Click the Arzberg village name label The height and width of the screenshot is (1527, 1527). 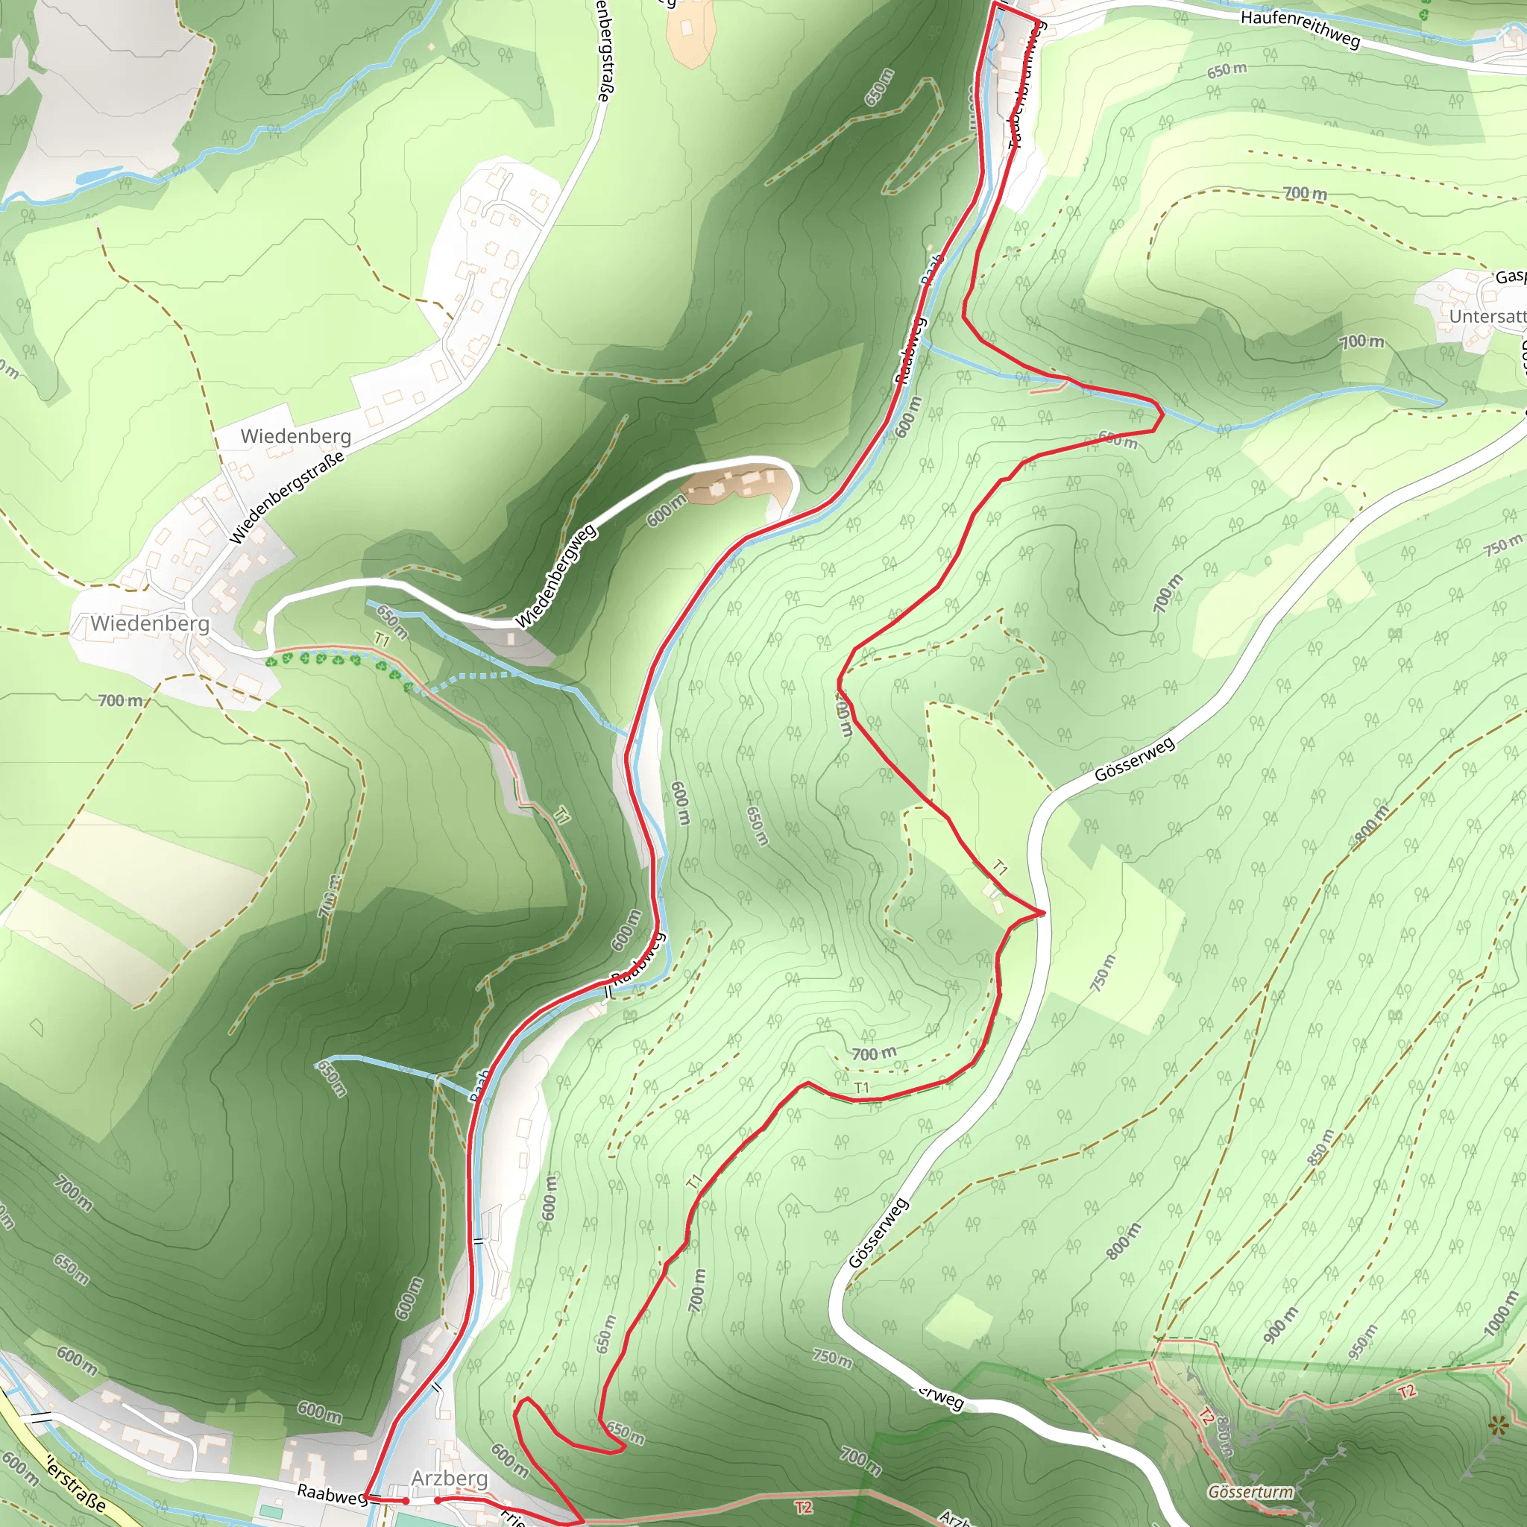[x=449, y=1478]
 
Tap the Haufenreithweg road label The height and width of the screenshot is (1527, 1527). [x=1300, y=28]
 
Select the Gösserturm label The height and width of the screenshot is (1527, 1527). [x=1250, y=1491]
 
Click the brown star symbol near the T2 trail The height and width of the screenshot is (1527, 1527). [x=1497, y=1425]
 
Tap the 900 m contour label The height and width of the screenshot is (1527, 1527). [x=1279, y=1326]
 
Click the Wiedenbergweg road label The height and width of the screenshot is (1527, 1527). [x=556, y=575]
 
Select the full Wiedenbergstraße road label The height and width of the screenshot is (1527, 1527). [x=287, y=497]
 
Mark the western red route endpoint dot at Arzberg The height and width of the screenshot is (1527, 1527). [x=406, y=1500]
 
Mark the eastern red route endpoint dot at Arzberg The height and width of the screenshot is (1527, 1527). [x=437, y=1499]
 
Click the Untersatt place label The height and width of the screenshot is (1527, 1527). [x=1487, y=316]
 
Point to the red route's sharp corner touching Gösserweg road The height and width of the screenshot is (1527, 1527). [x=1043, y=913]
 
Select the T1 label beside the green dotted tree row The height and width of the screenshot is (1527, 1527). [x=382, y=640]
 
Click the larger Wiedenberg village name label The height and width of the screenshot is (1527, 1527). [x=150, y=623]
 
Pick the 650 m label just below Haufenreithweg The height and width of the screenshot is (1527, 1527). [x=1227, y=70]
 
